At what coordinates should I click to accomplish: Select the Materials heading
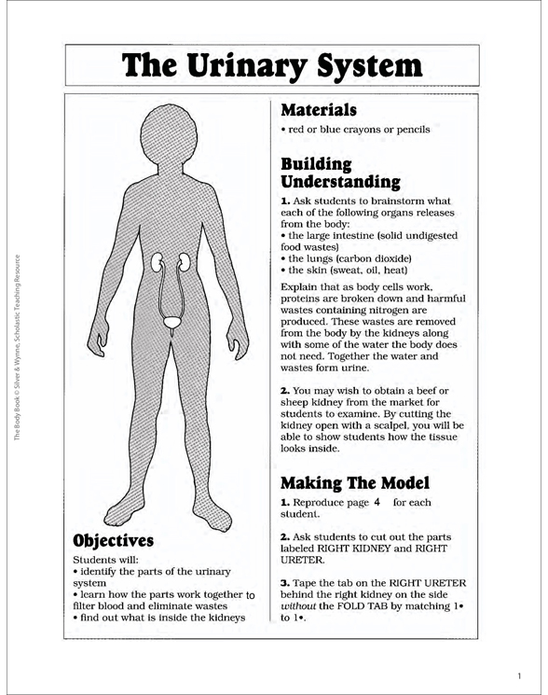(x=319, y=109)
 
